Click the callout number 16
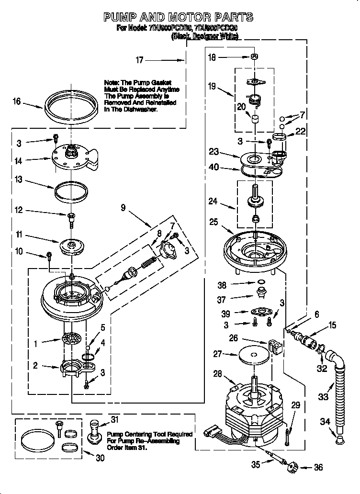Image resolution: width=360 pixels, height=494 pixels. tap(17, 101)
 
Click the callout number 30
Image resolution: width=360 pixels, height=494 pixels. tap(100, 458)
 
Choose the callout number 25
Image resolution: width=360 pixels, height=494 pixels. tap(213, 222)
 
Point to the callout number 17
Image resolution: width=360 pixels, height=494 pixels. tap(139, 60)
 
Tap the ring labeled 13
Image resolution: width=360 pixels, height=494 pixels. tap(72, 190)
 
